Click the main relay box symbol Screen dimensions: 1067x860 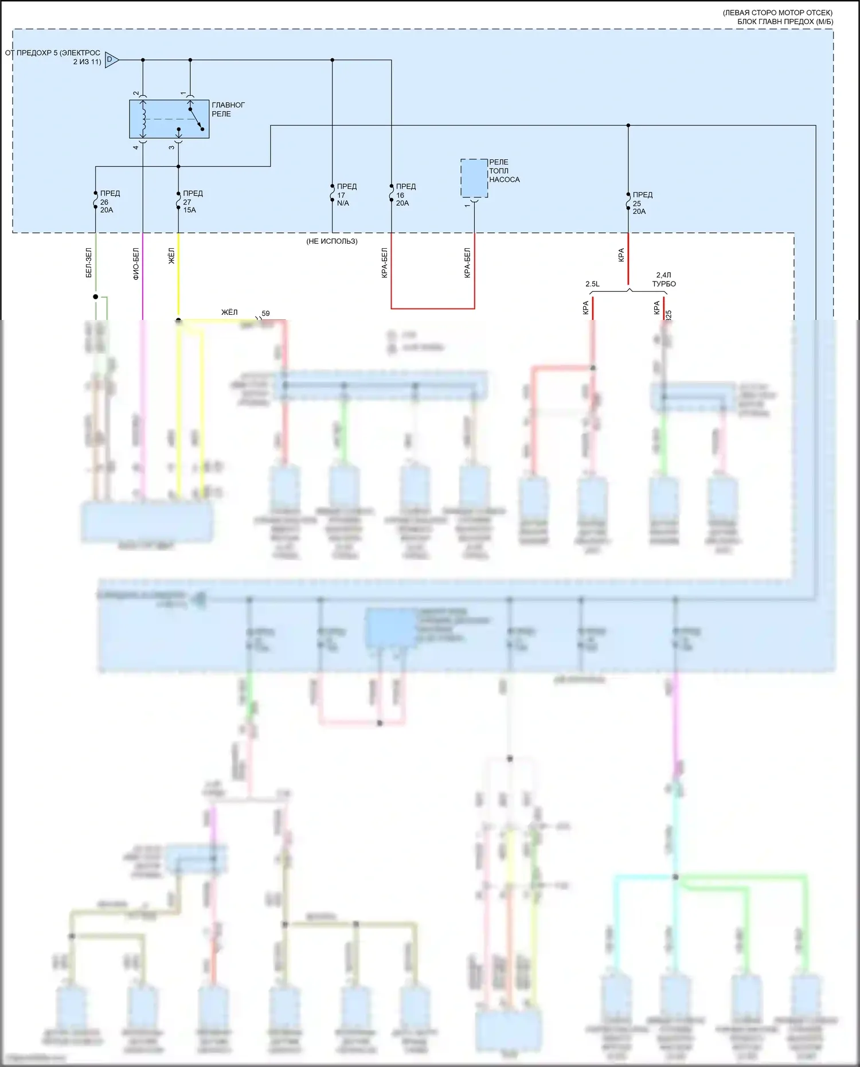click(x=169, y=119)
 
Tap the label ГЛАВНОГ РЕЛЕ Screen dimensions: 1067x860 click(x=228, y=110)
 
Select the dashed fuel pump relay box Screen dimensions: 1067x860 click(x=474, y=178)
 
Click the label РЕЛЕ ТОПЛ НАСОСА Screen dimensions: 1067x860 click(x=504, y=171)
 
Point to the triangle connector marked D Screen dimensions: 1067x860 click(x=111, y=60)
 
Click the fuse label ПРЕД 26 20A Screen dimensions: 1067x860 click(x=109, y=202)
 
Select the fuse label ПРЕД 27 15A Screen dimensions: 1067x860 click(x=192, y=202)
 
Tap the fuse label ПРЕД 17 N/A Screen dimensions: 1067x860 click(x=346, y=195)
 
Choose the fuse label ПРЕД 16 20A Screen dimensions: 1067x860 click(x=405, y=195)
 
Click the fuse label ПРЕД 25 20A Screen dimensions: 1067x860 click(x=642, y=203)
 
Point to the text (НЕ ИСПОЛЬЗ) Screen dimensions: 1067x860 click(x=332, y=241)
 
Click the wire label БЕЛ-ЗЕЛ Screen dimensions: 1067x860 click(x=89, y=263)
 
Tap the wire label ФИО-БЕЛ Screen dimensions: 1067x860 click(x=136, y=264)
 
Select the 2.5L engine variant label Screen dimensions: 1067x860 click(x=592, y=284)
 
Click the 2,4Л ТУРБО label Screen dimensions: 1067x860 click(x=663, y=280)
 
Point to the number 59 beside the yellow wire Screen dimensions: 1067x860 click(x=265, y=314)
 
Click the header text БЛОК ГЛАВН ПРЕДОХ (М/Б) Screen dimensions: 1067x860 click(x=785, y=22)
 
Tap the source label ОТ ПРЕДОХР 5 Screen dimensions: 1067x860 click(x=53, y=57)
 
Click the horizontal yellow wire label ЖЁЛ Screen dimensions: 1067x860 click(x=229, y=312)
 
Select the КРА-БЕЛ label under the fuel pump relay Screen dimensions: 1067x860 click(x=467, y=263)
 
